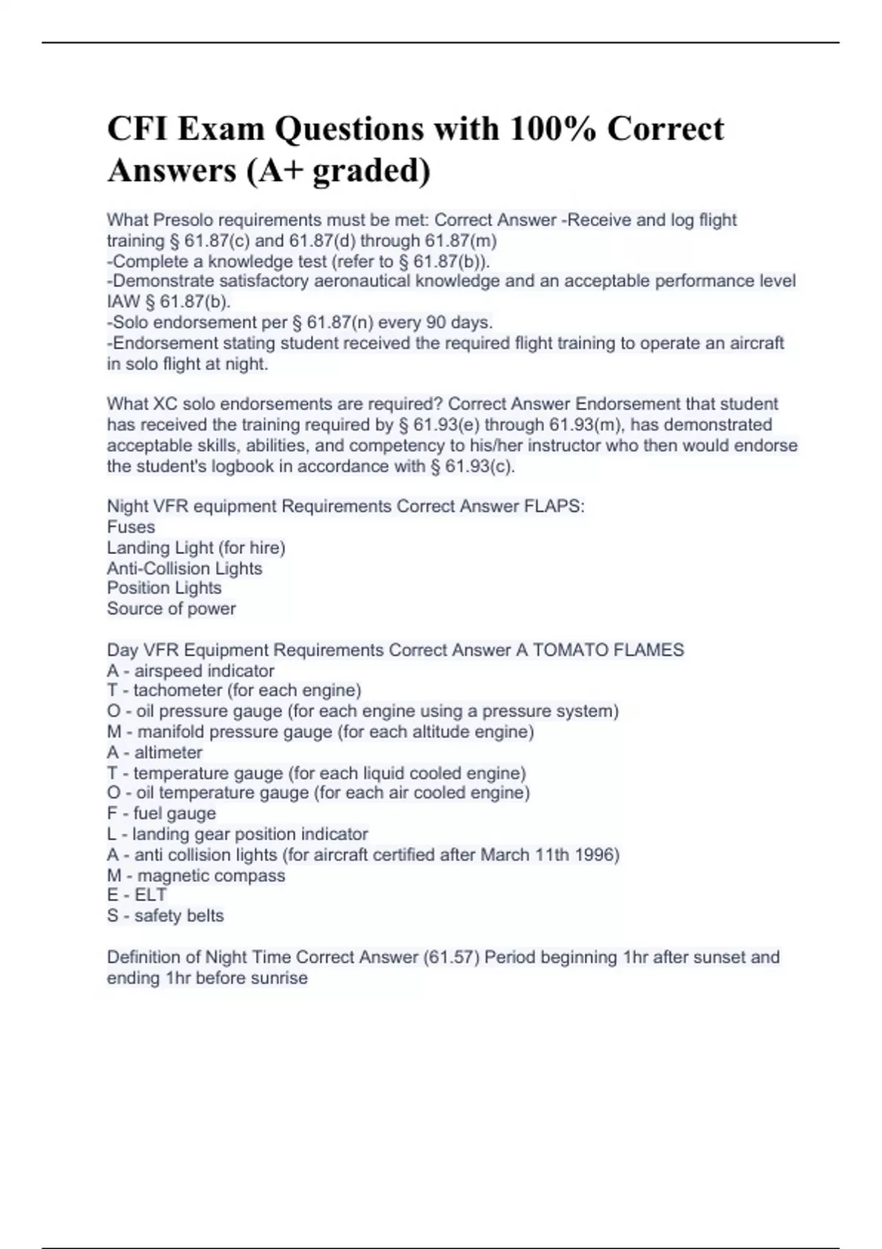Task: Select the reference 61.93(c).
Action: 480,467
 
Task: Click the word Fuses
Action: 131,527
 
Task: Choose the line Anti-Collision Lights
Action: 184,568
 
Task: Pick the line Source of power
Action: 171,608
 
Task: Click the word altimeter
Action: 168,752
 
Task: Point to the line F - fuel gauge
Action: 162,813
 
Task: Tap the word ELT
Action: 151,895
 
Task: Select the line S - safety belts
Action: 165,915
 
